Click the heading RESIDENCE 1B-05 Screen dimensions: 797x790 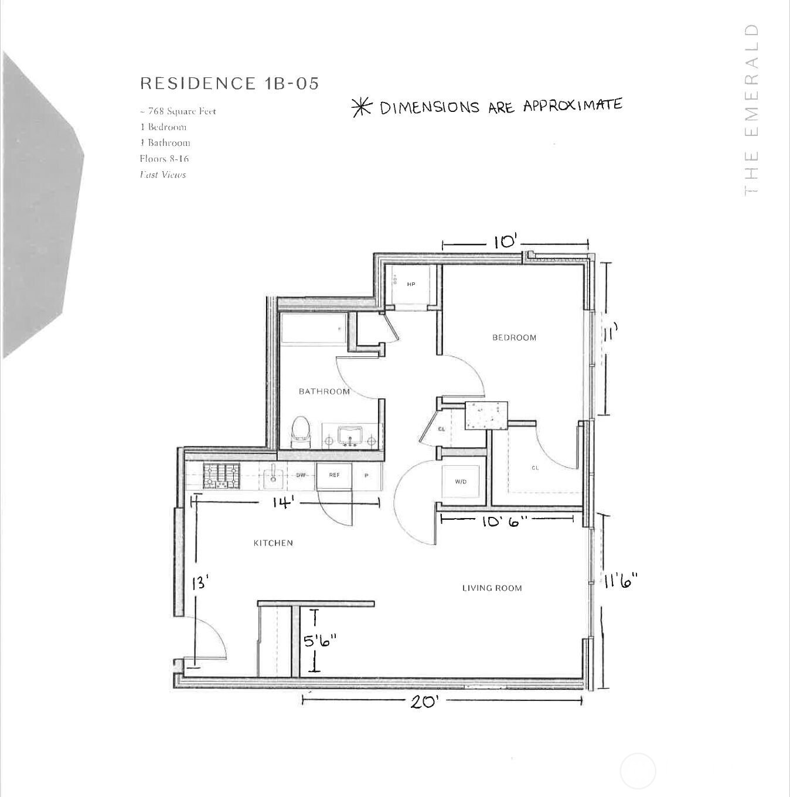click(229, 83)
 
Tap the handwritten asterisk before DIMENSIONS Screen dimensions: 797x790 click(362, 107)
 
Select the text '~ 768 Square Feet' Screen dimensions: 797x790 click(178, 111)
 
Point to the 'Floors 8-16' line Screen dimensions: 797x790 click(164, 159)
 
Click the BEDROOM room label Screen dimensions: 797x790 click(514, 338)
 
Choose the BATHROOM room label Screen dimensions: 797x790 click(324, 391)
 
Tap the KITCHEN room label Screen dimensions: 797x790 click(273, 543)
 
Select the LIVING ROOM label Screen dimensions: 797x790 click(492, 588)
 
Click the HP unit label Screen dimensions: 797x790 click(411, 284)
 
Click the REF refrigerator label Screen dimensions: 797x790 click(334, 475)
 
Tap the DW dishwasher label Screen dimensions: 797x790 click(301, 475)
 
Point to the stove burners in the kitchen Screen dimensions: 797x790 click(222, 476)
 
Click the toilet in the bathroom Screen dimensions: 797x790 click(300, 432)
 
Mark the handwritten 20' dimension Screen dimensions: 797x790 click(424, 701)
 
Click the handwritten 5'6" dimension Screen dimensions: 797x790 click(319, 641)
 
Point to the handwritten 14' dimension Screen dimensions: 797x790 click(283, 503)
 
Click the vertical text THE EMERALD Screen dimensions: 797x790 click(751, 110)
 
